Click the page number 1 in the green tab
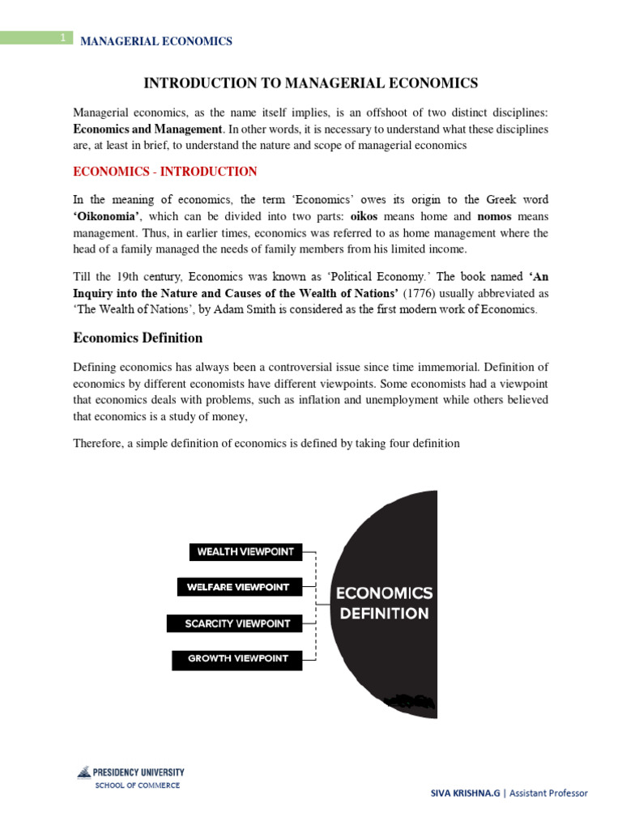[x=62, y=38]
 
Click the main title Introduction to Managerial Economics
[x=311, y=83]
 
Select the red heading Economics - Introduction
[x=165, y=172]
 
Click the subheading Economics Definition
[x=138, y=338]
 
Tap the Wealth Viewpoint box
[x=245, y=552]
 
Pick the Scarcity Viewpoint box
[x=234, y=623]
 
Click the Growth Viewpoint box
[x=236, y=659]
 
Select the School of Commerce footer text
[x=138, y=786]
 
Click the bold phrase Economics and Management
[x=147, y=130]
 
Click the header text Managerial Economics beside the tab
[x=155, y=41]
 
